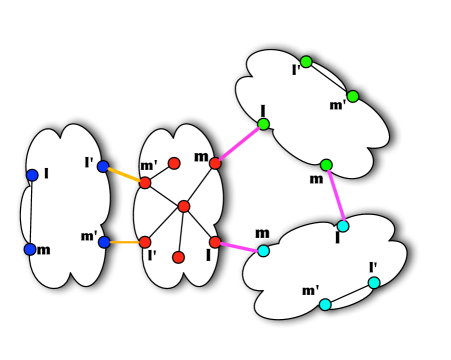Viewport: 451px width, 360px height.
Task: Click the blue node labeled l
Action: [32, 175]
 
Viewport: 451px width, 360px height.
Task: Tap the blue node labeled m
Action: [30, 249]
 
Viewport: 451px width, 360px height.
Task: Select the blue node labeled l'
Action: [103, 167]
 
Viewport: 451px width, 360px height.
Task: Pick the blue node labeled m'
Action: [104, 242]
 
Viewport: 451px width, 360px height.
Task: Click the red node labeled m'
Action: [145, 183]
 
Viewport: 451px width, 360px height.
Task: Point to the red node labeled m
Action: [215, 163]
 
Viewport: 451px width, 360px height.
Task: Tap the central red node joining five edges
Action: [184, 206]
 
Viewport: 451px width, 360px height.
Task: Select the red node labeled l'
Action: [145, 242]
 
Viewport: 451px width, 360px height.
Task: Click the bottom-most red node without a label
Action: [178, 257]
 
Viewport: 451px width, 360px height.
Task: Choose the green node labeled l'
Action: [306, 62]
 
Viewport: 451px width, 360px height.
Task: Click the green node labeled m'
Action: [352, 97]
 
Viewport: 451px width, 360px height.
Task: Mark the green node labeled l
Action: [263, 124]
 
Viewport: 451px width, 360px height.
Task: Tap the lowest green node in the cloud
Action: [326, 165]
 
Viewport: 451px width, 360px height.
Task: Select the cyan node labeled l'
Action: [374, 283]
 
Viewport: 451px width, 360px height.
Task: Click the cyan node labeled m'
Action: [325, 304]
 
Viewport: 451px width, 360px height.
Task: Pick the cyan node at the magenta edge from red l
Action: [263, 251]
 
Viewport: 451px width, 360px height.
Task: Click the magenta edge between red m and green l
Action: [239, 144]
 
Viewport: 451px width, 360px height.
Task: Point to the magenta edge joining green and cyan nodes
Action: [335, 196]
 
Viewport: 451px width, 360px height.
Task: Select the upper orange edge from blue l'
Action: [124, 175]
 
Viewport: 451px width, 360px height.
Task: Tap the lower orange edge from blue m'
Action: [124, 242]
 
